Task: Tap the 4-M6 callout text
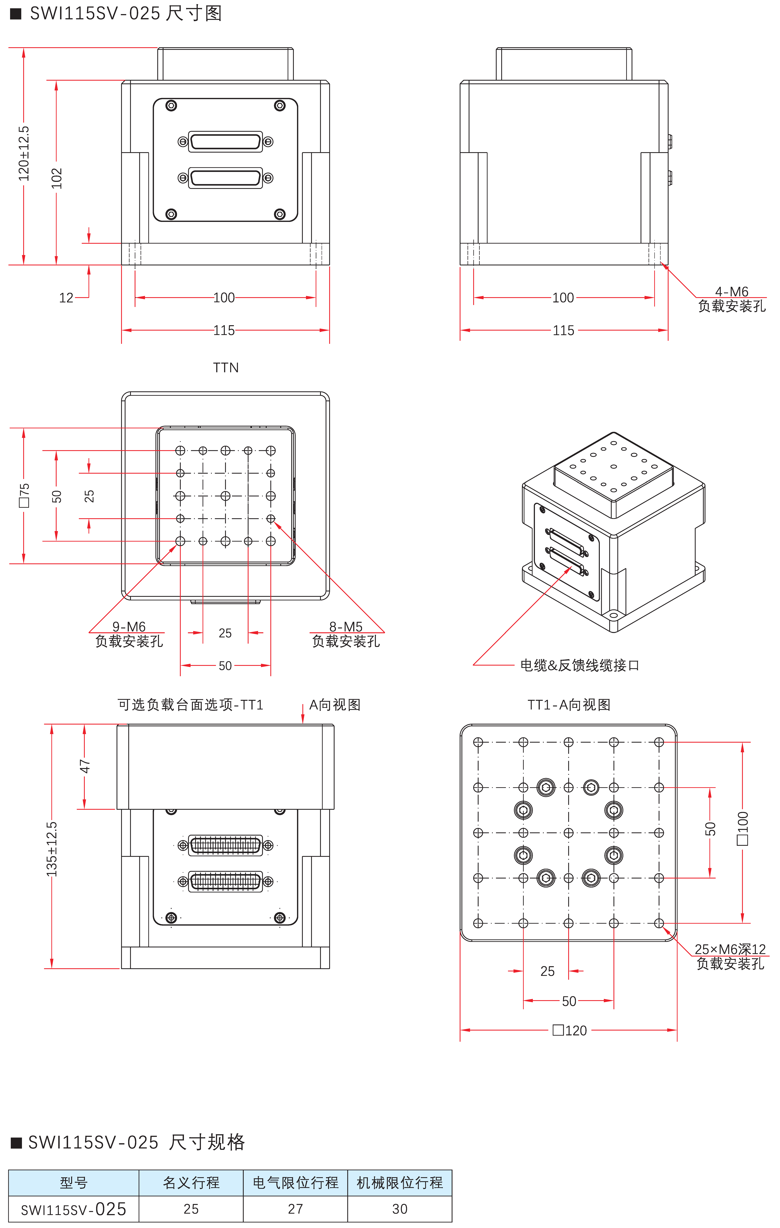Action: pos(732,291)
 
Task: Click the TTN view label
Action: pos(226,368)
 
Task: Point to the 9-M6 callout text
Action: pos(129,626)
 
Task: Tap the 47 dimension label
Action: pos(85,766)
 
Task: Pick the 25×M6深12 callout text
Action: pos(730,949)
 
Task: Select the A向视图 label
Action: pos(335,705)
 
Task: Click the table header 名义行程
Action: pos(191,1183)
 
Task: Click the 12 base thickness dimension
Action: pos(66,298)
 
